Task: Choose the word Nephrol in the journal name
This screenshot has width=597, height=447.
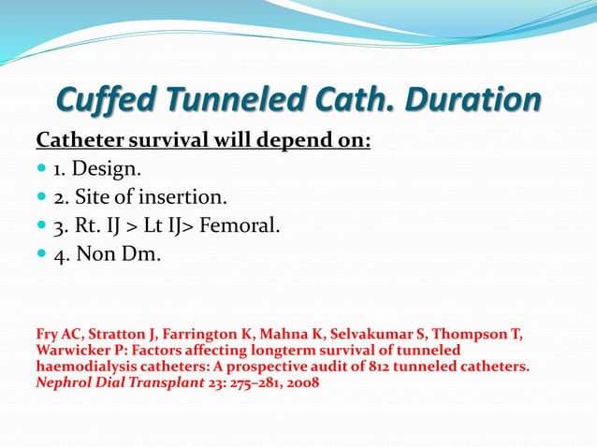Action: coord(65,383)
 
